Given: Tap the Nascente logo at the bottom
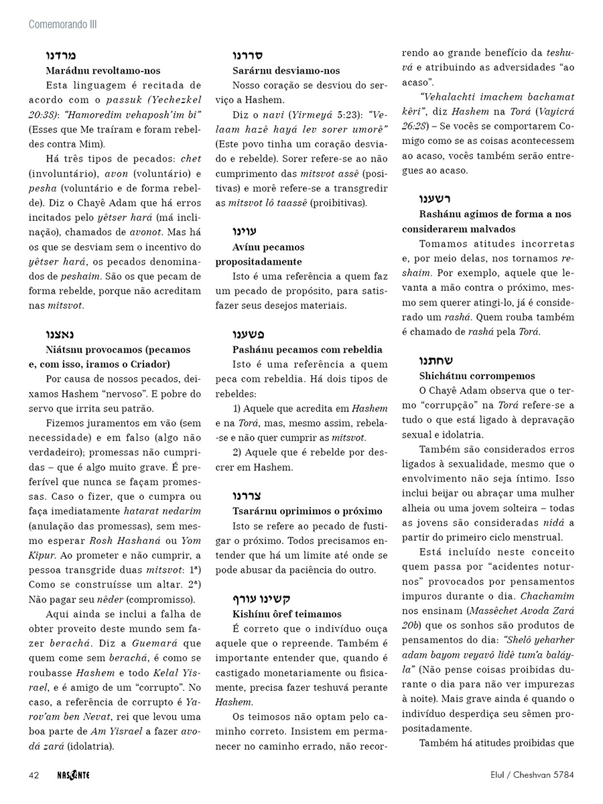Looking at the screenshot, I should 74,775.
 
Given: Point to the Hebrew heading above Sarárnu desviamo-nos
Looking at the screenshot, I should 247,56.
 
